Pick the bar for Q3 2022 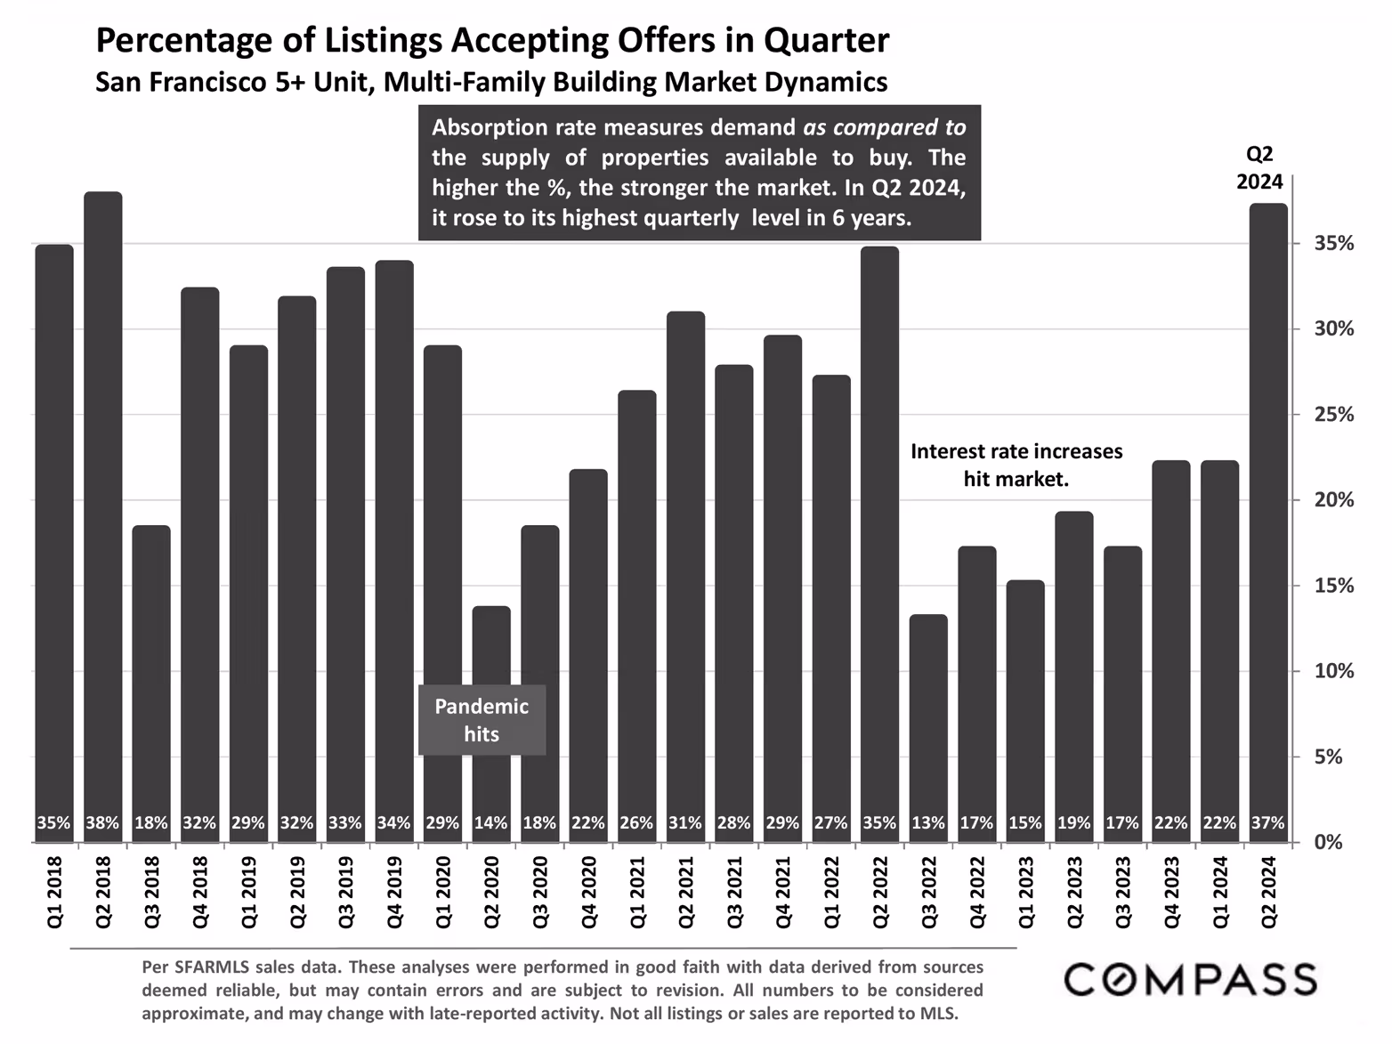[x=928, y=712]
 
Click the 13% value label [x=928, y=823]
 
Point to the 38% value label [x=103, y=823]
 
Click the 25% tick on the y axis [x=1334, y=415]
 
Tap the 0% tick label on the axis [x=1328, y=842]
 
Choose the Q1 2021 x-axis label [x=637, y=892]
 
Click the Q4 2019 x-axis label [x=394, y=892]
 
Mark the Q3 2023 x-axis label [x=1123, y=892]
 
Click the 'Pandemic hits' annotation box [x=482, y=720]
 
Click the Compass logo [x=1191, y=979]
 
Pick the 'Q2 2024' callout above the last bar [x=1259, y=167]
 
